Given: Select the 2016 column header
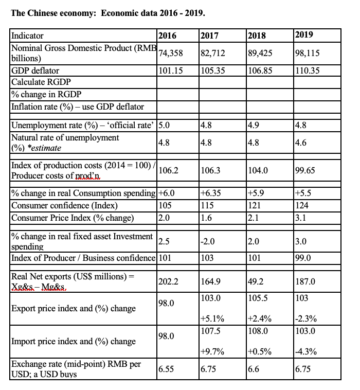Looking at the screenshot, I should [x=167, y=36].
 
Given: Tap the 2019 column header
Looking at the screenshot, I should [x=304, y=35].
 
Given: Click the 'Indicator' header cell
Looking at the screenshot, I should [x=28, y=36].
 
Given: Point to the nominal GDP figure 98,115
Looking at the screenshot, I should [x=307, y=53].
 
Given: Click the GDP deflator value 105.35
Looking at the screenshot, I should [x=212, y=70].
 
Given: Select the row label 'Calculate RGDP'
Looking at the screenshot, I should [x=41, y=82].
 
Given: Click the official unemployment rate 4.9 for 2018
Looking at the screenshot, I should [x=253, y=124].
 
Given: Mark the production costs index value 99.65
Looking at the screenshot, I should [x=305, y=170].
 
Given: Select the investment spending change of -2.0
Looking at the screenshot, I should [x=209, y=241].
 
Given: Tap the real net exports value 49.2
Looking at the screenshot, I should [x=255, y=281].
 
